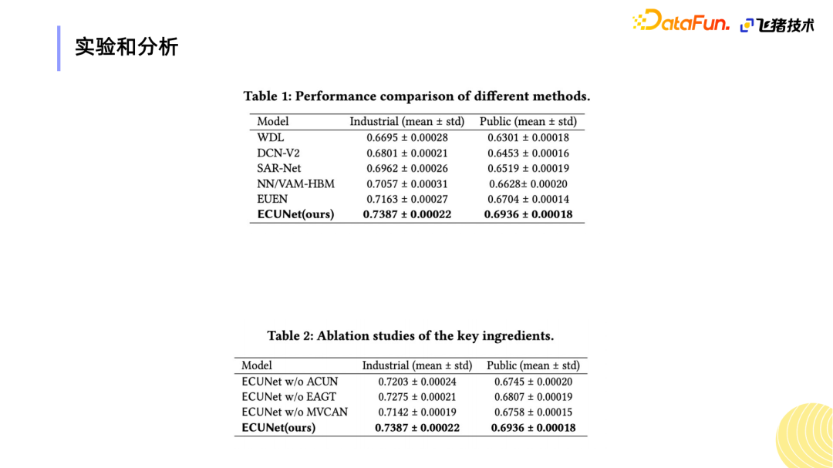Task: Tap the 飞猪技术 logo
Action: (777, 25)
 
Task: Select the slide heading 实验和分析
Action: (126, 47)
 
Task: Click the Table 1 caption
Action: (416, 96)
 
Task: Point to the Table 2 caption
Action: (410, 336)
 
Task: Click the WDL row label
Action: (271, 137)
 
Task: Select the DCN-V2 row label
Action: (278, 153)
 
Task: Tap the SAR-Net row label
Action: (279, 168)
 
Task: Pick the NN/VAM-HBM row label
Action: (296, 183)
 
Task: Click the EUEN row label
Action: (273, 199)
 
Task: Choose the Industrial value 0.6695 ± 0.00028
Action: (407, 137)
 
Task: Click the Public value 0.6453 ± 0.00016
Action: (528, 153)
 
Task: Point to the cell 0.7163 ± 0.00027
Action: (407, 199)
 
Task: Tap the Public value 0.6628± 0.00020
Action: (528, 183)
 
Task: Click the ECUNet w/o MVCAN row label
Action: (295, 412)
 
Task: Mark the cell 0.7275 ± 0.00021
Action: (417, 397)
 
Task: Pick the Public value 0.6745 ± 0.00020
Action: (534, 382)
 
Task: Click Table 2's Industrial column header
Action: (417, 365)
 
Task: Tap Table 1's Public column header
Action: (528, 121)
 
